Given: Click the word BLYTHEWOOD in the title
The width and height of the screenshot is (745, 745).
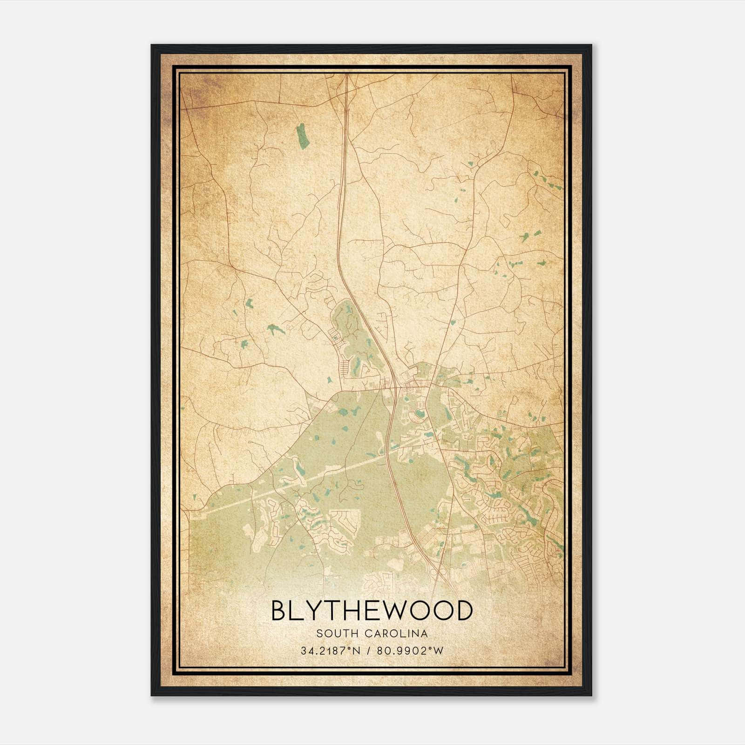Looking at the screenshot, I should [372, 611].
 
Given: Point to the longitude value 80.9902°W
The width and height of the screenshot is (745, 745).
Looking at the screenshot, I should [410, 651].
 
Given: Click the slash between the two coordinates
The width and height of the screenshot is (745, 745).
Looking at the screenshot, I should [369, 651].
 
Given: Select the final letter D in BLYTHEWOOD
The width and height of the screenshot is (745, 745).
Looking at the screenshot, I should [463, 611].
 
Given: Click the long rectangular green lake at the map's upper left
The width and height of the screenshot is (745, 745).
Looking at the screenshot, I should [302, 136].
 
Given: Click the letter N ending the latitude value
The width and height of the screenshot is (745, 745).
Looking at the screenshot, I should [358, 651].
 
